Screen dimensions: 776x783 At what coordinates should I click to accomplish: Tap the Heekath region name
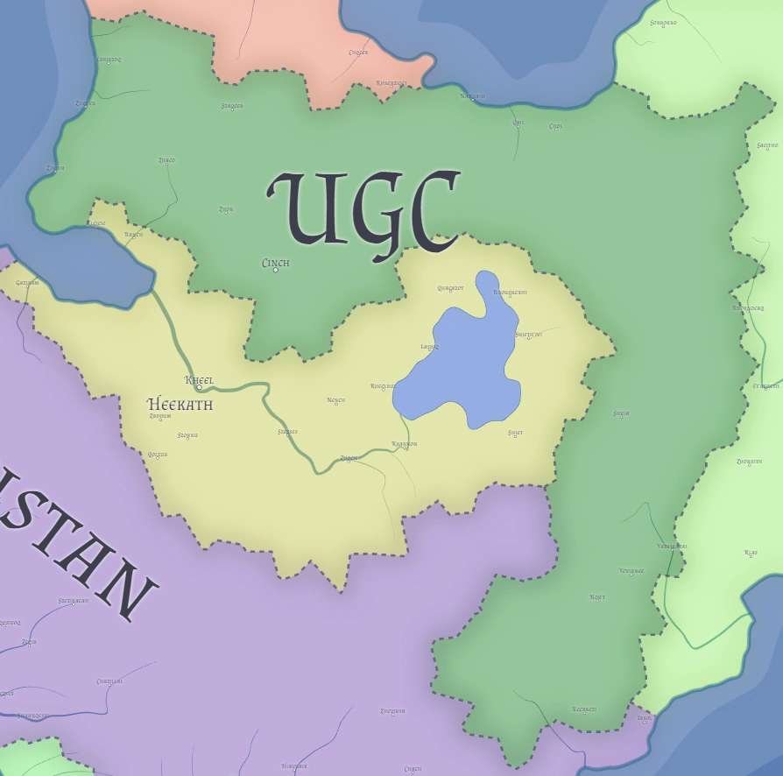(x=180, y=405)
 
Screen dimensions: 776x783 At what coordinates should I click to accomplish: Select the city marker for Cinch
(x=276, y=270)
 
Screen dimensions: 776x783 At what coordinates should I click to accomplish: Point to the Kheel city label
(x=200, y=380)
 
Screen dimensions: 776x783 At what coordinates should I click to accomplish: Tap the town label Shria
(x=621, y=413)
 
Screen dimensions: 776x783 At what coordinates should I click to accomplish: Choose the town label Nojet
(x=597, y=597)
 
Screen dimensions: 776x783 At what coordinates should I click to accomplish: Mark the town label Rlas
(x=751, y=553)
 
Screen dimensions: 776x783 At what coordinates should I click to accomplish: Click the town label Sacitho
(x=766, y=145)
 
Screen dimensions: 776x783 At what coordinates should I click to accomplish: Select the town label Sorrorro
(x=663, y=23)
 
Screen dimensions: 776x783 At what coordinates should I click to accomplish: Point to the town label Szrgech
(x=232, y=106)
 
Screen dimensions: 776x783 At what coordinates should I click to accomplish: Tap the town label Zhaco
(x=166, y=160)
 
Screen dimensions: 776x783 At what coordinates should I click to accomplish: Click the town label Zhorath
(x=749, y=462)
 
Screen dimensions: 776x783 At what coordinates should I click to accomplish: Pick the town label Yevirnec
(x=631, y=571)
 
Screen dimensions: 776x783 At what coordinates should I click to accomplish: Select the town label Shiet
(x=515, y=432)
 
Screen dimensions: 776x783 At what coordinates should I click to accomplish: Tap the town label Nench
(x=336, y=400)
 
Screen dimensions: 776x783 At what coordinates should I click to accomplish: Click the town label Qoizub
(x=158, y=455)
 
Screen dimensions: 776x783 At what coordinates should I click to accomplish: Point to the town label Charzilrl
(x=109, y=681)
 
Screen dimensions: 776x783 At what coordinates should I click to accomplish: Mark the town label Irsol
(x=645, y=718)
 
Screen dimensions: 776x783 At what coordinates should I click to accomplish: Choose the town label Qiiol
(x=518, y=123)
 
